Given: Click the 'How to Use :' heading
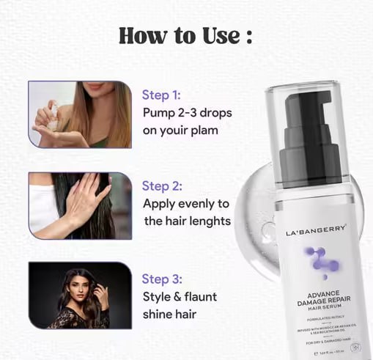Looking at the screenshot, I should (186, 34).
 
